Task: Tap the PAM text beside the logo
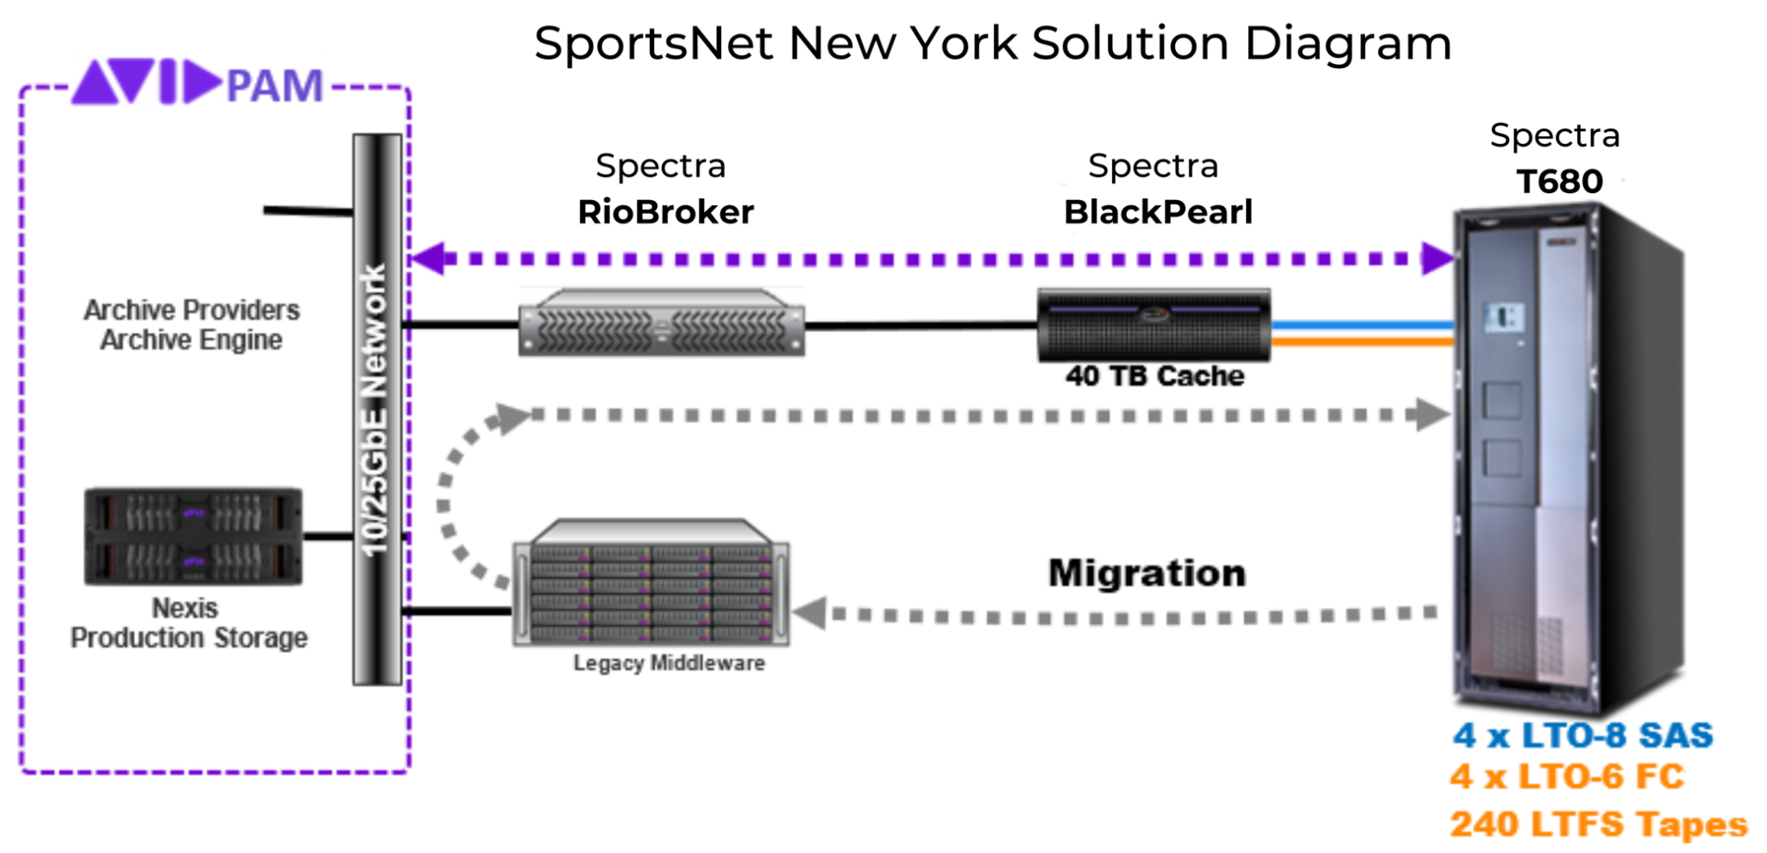click(x=274, y=86)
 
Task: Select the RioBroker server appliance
click(x=661, y=324)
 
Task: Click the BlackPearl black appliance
click(x=1154, y=325)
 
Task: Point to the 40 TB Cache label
click(x=1154, y=376)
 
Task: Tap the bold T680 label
click(x=1559, y=182)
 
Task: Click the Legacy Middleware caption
click(x=669, y=663)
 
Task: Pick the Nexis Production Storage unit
click(x=193, y=536)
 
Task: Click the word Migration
click(x=1147, y=574)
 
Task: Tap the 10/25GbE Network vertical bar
click(x=377, y=410)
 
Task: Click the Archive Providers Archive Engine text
click(x=192, y=325)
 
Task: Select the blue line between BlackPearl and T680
click(x=1361, y=325)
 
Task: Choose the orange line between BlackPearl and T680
click(x=1361, y=342)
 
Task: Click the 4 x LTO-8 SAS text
click(x=1582, y=736)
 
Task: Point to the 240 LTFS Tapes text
click(x=1598, y=825)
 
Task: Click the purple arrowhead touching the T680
click(x=1437, y=259)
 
